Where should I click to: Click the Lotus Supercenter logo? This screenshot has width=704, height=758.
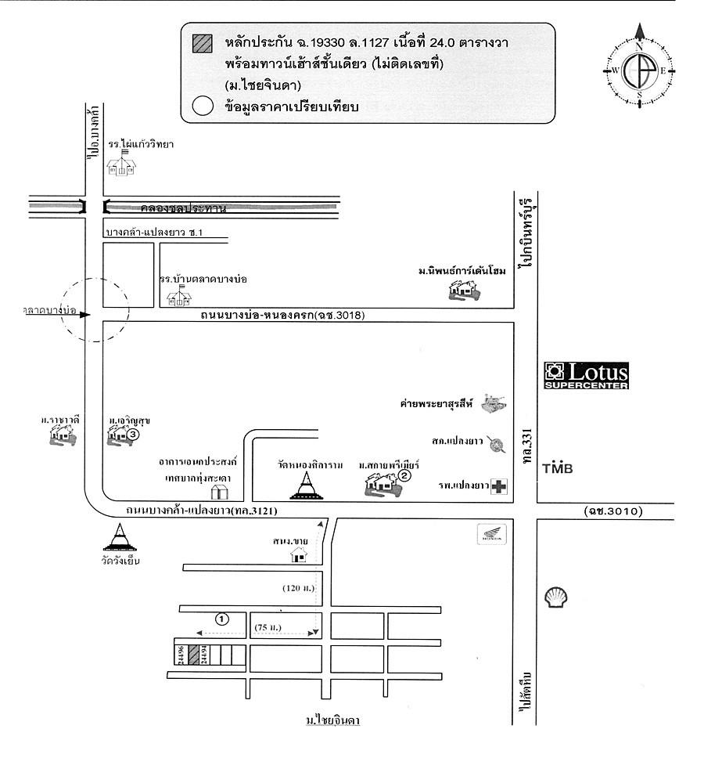click(586, 375)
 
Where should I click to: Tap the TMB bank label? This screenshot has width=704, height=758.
click(557, 468)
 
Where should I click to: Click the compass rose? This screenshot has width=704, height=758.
click(639, 70)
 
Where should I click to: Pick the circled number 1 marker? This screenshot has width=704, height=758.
click(222, 619)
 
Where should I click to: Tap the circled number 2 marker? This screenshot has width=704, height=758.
click(404, 475)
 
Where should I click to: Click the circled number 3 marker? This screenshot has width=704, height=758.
click(134, 433)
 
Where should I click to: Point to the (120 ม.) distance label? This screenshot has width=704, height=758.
click(299, 587)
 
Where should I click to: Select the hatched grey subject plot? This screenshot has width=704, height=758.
click(192, 655)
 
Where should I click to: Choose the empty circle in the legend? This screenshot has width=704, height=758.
click(202, 107)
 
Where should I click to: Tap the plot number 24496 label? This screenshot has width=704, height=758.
click(181, 655)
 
